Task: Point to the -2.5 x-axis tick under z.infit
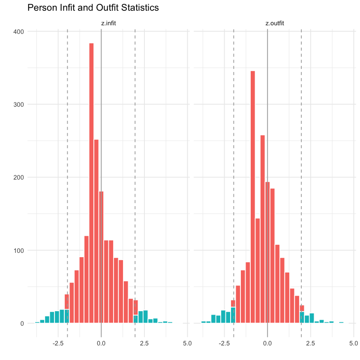pos(58,343)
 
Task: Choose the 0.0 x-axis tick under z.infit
pos(101,343)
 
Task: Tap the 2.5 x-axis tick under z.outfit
pos(310,343)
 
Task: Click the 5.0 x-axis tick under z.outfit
pos(354,343)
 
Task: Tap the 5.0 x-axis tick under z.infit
pos(187,343)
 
